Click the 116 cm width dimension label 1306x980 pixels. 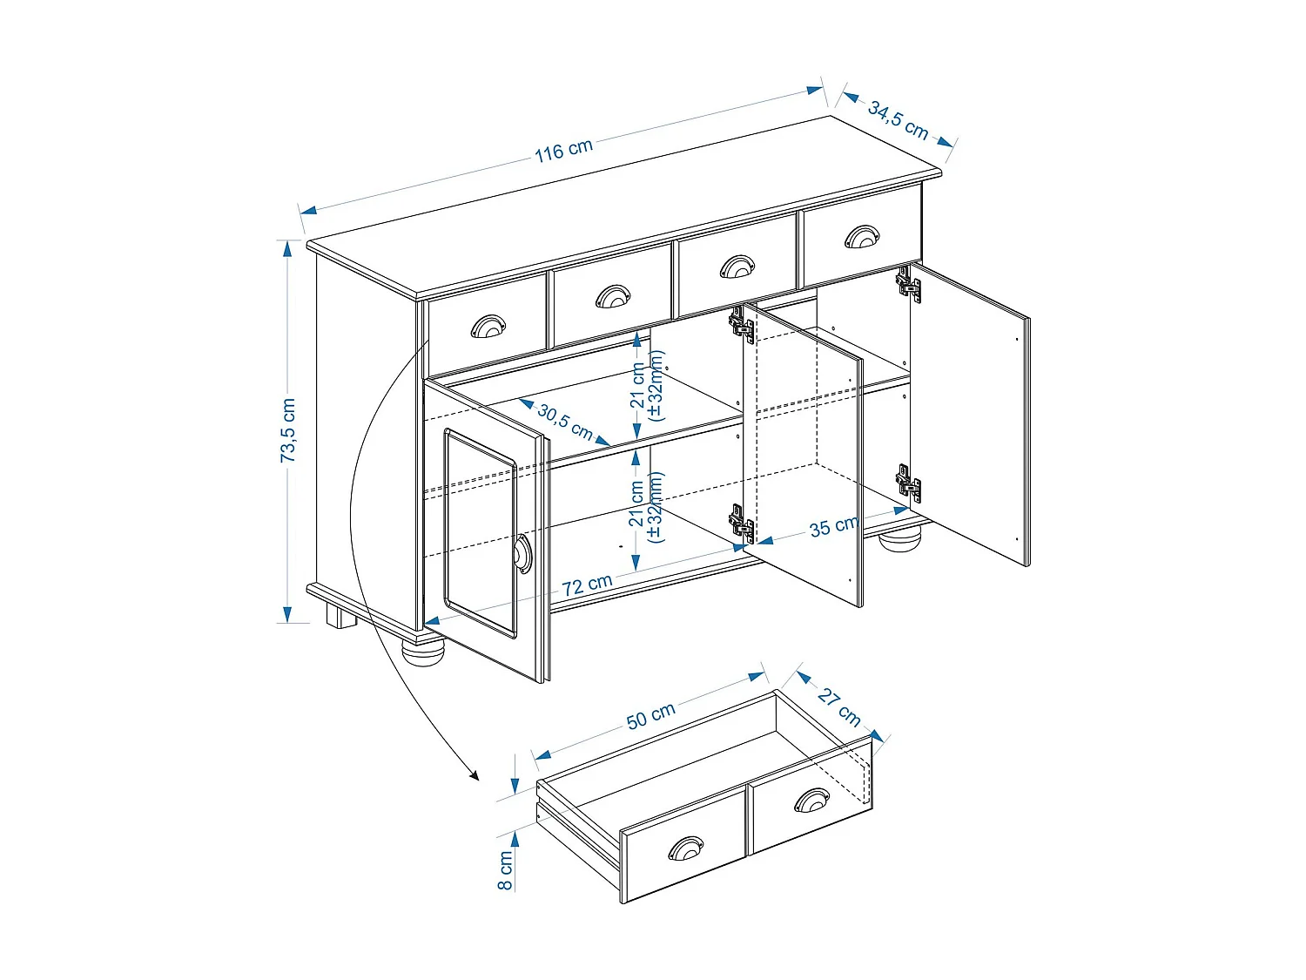tap(563, 150)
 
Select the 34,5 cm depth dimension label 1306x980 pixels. tap(898, 119)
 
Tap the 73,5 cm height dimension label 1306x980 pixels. tap(288, 430)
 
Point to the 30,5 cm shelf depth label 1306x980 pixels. tap(564, 422)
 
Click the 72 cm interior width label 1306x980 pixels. tap(587, 585)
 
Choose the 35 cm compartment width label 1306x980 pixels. tap(833, 526)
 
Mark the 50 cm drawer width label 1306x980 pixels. tap(650, 715)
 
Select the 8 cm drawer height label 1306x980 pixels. tap(505, 870)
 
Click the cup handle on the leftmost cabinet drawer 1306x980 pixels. tap(488, 327)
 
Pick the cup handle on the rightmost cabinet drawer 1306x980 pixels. tap(862, 236)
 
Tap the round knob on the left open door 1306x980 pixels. tap(522, 554)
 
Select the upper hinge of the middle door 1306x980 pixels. tap(742, 325)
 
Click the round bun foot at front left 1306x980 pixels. tap(423, 651)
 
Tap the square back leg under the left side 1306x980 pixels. tap(340, 617)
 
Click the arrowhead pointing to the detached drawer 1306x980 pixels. tap(474, 774)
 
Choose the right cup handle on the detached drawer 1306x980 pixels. tap(811, 800)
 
